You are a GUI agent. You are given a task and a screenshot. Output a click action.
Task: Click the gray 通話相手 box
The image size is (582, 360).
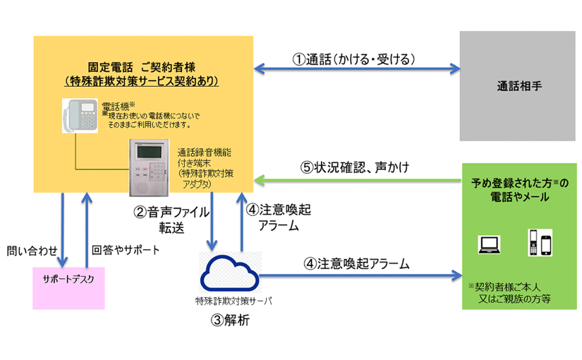click(517, 86)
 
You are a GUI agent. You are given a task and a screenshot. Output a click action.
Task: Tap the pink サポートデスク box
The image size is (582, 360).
click(68, 288)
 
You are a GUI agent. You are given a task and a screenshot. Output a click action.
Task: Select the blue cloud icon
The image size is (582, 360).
click(229, 273)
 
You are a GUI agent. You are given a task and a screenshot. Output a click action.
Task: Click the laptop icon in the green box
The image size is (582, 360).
click(489, 244)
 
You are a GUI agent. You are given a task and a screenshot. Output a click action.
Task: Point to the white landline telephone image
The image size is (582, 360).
click(80, 116)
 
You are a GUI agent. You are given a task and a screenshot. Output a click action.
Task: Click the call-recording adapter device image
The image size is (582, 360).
click(149, 167)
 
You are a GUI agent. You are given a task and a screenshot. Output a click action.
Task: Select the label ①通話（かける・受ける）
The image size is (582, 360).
click(353, 59)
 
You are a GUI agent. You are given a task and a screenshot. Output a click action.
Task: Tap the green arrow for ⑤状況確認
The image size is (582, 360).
click(358, 181)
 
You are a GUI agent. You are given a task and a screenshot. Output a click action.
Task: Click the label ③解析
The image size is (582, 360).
click(230, 320)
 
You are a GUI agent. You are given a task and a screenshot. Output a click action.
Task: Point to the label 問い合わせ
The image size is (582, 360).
click(32, 251)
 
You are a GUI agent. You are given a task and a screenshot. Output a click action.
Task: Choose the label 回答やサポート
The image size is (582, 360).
click(126, 250)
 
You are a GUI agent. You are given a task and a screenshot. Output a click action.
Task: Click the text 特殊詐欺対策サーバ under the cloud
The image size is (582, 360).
click(234, 301)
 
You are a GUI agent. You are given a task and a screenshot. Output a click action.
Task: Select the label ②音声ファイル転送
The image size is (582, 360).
click(171, 220)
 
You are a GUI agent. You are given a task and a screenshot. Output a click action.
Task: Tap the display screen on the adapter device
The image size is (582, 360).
click(149, 152)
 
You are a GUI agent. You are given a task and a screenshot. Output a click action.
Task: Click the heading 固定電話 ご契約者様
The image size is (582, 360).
click(141, 67)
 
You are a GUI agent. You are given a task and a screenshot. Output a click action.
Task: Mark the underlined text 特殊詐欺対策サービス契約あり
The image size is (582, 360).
click(141, 81)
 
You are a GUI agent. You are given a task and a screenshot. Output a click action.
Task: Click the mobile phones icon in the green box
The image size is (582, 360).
click(540, 243)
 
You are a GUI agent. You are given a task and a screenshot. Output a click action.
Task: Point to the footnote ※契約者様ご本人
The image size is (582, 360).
click(504, 287)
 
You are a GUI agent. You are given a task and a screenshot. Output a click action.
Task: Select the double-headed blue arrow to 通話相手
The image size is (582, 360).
click(357, 68)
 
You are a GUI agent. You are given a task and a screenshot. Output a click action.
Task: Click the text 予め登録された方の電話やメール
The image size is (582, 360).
click(520, 189)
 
